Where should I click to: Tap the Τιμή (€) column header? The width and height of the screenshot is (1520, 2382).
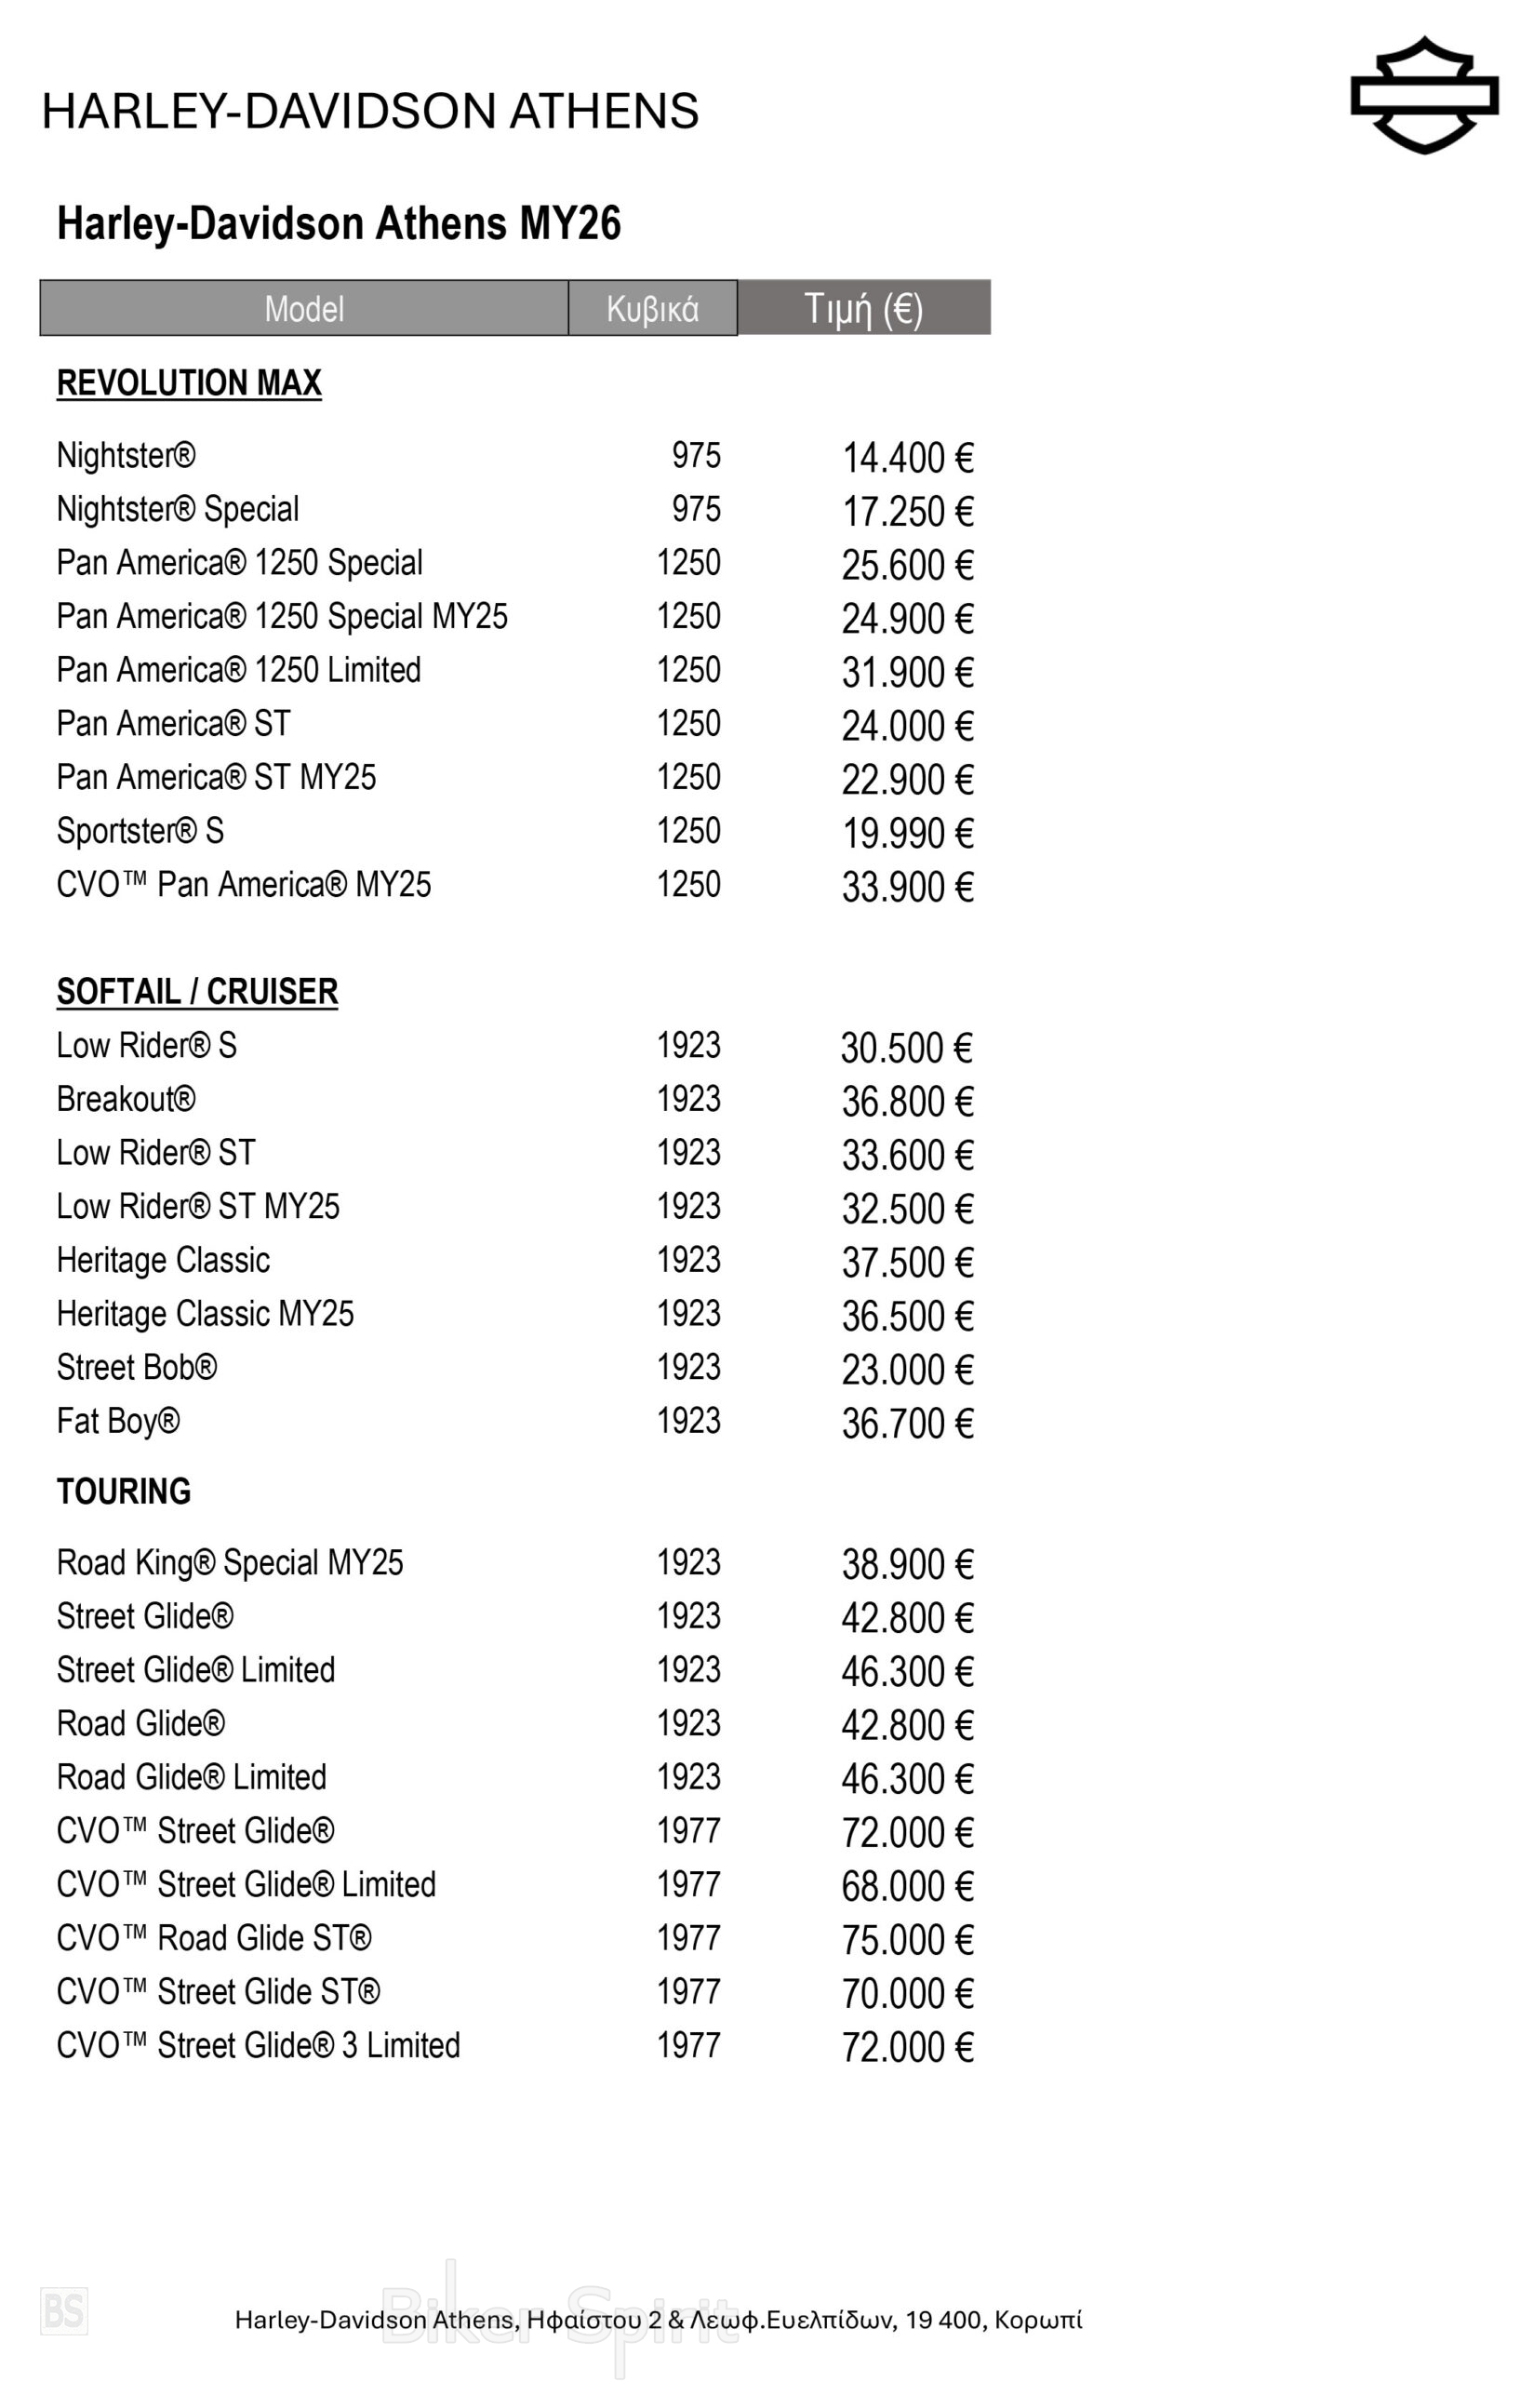click(862, 308)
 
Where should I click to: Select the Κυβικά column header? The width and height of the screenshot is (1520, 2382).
click(652, 309)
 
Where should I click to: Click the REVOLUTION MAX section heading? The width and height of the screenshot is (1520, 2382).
click(189, 382)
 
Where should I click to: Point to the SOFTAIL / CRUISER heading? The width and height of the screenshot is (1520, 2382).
click(197, 991)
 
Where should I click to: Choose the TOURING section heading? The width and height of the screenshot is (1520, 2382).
click(124, 1491)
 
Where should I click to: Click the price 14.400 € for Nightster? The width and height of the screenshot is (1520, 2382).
click(907, 458)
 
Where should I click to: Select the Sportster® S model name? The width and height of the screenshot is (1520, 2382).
click(140, 831)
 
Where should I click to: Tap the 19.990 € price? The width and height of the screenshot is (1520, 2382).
click(907, 834)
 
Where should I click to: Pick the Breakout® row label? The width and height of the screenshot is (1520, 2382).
click(126, 1099)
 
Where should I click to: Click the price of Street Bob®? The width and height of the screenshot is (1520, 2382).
click(907, 1370)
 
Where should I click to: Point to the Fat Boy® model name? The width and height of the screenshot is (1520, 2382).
click(118, 1422)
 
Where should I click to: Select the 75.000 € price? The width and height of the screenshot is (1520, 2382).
click(907, 1940)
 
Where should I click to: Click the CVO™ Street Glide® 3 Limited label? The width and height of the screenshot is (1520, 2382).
click(258, 2046)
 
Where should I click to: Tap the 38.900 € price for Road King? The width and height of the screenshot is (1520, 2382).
click(907, 1565)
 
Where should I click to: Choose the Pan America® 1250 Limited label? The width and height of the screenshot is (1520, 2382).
click(238, 670)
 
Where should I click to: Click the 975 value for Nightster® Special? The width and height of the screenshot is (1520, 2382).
click(696, 510)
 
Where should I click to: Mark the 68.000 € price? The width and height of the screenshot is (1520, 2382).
click(907, 1886)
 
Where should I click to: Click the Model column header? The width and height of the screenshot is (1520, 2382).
click(303, 309)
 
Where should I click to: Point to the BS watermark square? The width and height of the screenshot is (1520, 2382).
click(64, 2310)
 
